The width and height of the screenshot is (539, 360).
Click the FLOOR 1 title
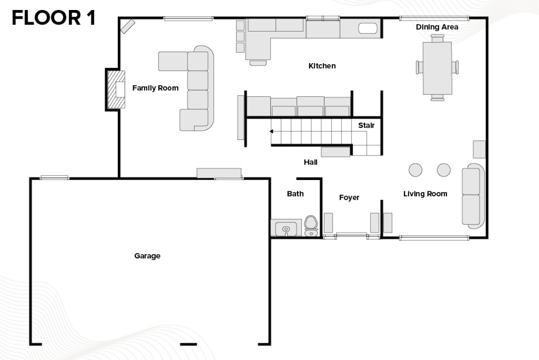pos(54,18)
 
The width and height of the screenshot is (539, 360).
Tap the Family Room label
pos(156,88)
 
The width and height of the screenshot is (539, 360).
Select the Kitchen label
pos(322,66)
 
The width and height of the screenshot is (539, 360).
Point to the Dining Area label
pos(437,27)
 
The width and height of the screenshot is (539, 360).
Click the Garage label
pos(147,256)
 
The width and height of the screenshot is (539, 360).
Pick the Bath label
pos(295,194)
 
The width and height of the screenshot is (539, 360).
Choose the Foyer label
pos(349,198)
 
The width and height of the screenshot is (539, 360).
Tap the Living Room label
pos(425,194)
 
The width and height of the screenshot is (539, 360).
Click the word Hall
pos(310,162)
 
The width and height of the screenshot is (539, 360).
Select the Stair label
pos(366,125)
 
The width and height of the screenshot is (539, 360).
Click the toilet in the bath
pos(311,226)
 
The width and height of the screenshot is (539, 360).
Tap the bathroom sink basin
pos(286,229)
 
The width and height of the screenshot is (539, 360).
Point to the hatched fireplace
pos(116,90)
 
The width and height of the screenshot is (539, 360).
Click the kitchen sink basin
pos(368,28)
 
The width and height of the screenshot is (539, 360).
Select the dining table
pos(437,68)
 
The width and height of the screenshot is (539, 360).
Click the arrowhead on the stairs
pos(271,131)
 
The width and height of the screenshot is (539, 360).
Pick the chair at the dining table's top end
pos(437,38)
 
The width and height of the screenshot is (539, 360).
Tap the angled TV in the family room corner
pos(128,26)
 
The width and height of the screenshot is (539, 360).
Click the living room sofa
pos(473,196)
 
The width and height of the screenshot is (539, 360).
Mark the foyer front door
pos(351,234)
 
